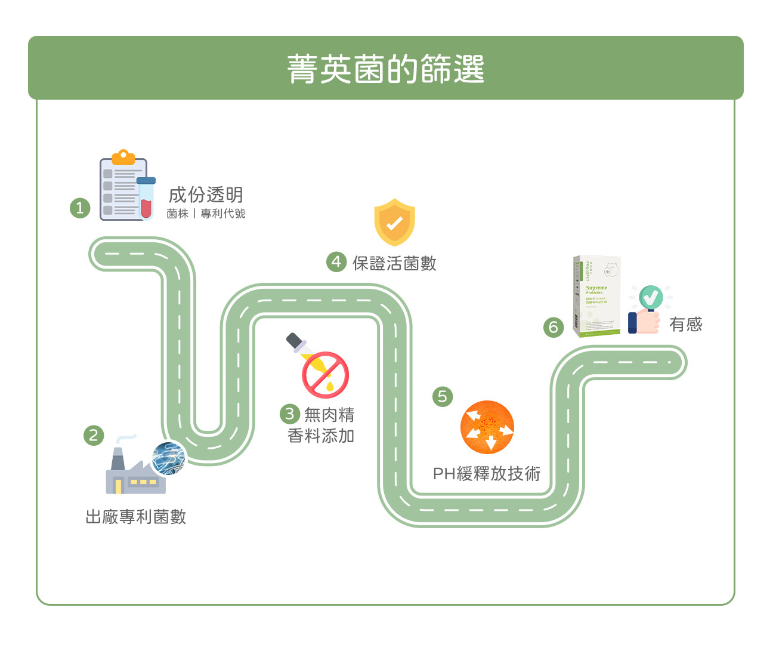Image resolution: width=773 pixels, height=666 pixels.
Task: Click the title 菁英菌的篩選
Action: point(385,69)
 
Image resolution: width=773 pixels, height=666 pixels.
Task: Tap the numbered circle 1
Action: point(80,208)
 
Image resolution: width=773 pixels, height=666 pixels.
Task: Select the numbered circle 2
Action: point(93,435)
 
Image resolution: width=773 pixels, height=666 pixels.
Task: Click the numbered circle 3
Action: point(290,414)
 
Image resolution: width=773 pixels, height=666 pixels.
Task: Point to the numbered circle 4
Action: point(336,262)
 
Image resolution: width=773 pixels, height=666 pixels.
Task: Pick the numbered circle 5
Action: point(442,396)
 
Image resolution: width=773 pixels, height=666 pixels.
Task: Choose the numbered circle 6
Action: point(553,327)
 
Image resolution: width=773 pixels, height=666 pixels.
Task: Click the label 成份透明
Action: point(206,195)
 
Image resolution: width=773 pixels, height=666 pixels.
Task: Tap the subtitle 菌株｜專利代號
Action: point(206,214)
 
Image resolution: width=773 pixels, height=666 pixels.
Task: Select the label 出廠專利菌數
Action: point(136,517)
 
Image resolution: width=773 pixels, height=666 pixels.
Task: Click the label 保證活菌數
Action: point(394,263)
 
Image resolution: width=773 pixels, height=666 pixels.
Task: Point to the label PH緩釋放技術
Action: point(486,474)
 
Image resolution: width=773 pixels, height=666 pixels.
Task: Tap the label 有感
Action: point(685,325)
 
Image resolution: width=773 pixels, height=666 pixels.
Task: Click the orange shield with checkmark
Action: point(394,222)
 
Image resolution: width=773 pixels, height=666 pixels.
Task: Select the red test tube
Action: point(146,199)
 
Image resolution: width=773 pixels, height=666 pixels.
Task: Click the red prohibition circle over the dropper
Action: point(325,375)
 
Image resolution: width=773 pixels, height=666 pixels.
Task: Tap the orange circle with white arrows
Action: point(487,427)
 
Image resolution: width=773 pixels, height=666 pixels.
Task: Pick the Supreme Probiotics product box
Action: point(596,297)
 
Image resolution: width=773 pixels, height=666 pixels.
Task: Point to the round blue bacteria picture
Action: point(169,458)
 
